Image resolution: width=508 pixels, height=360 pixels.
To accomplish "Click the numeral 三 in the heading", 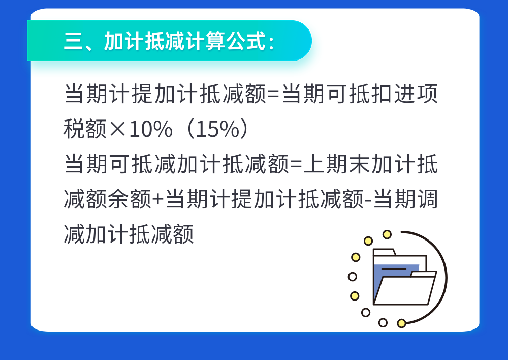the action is [x=74, y=41].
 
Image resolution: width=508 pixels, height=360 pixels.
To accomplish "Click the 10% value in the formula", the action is [x=151, y=129].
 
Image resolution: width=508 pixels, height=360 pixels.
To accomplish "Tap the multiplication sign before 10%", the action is [x=117, y=129].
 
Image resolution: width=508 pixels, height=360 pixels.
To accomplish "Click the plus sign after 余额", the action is [x=158, y=199].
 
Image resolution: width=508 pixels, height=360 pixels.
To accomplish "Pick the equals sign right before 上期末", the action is [x=296, y=164].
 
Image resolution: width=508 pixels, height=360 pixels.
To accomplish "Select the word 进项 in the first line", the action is [x=416, y=94].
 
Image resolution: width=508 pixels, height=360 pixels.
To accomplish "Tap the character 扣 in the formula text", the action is [x=383, y=94].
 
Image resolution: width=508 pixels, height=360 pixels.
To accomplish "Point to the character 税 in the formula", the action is [x=74, y=129].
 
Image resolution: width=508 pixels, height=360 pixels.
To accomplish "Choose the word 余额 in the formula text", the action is [x=130, y=199].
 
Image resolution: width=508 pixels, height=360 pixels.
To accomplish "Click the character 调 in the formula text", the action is [x=427, y=199].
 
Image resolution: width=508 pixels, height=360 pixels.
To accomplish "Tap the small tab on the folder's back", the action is [x=385, y=252].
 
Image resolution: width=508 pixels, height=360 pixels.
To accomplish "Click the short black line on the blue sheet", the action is [x=394, y=269].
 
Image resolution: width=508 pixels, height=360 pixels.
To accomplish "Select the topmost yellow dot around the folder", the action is [x=387, y=234].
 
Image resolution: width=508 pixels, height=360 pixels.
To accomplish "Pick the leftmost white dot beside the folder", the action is [x=353, y=277].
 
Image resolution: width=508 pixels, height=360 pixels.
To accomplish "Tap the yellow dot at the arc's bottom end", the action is [x=401, y=323].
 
